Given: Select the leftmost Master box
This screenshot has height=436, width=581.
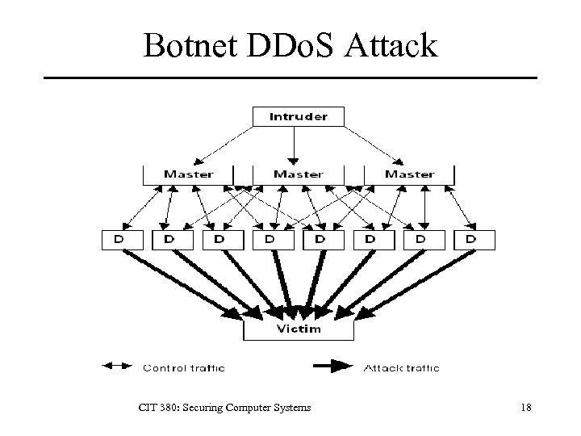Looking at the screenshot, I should pyautogui.click(x=189, y=174).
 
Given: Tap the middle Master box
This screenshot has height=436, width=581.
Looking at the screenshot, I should pyautogui.click(x=298, y=174).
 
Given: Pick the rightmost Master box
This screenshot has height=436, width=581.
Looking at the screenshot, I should pyautogui.click(x=409, y=174).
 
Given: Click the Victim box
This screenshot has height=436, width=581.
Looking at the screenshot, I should pyautogui.click(x=298, y=329).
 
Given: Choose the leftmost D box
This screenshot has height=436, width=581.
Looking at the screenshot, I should pyautogui.click(x=119, y=239).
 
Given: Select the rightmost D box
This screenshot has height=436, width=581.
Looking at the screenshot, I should pyautogui.click(x=471, y=239).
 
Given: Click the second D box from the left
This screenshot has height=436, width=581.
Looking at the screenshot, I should pyautogui.click(x=169, y=239).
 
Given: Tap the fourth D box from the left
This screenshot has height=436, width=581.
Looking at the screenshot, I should pyautogui.click(x=270, y=239).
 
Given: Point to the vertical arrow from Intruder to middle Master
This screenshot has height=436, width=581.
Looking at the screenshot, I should pyautogui.click(x=295, y=145).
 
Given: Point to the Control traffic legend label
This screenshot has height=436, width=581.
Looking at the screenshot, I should pyautogui.click(x=184, y=368).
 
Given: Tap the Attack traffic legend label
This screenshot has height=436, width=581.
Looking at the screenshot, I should pyautogui.click(x=401, y=368).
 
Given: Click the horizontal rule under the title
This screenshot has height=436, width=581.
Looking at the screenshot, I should pyautogui.click(x=290, y=78).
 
